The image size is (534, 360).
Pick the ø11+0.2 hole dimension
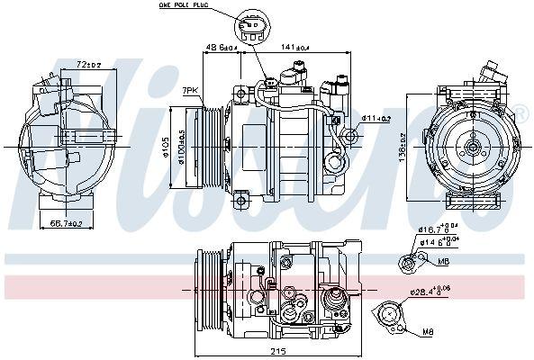[376, 118]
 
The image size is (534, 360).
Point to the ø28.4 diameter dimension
[433, 292]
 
